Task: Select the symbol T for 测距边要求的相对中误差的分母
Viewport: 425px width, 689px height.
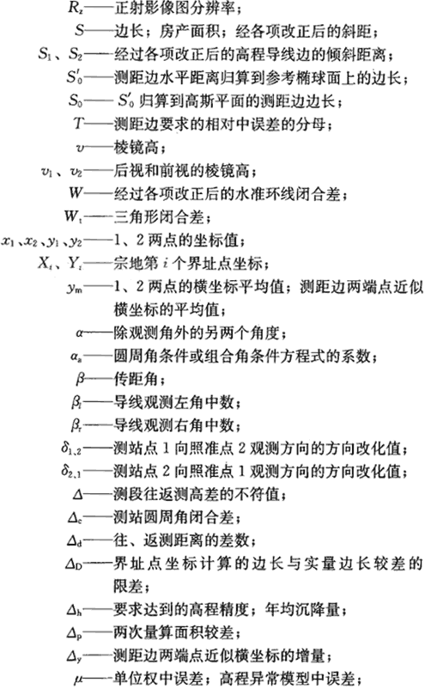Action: click(x=78, y=124)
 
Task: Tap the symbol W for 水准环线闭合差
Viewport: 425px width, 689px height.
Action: click(x=76, y=193)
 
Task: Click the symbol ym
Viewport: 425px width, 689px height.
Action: click(x=75, y=288)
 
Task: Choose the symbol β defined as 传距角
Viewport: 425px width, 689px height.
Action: click(x=80, y=378)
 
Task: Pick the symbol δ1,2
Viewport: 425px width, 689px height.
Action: click(x=71, y=448)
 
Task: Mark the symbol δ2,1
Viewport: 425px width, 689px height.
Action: click(x=71, y=471)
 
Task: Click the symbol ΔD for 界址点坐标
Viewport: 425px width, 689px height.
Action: click(x=74, y=564)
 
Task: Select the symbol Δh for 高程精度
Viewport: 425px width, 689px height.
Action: click(x=74, y=610)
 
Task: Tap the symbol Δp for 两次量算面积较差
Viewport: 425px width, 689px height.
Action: click(x=74, y=633)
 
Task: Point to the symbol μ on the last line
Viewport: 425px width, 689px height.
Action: click(x=78, y=680)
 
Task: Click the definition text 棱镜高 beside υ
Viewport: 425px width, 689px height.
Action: click(x=136, y=147)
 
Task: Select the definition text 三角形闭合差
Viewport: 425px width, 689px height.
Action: click(x=159, y=216)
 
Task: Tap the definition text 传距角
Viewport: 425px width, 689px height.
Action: click(x=136, y=378)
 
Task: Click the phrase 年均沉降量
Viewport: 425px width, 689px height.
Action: click(x=302, y=609)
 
